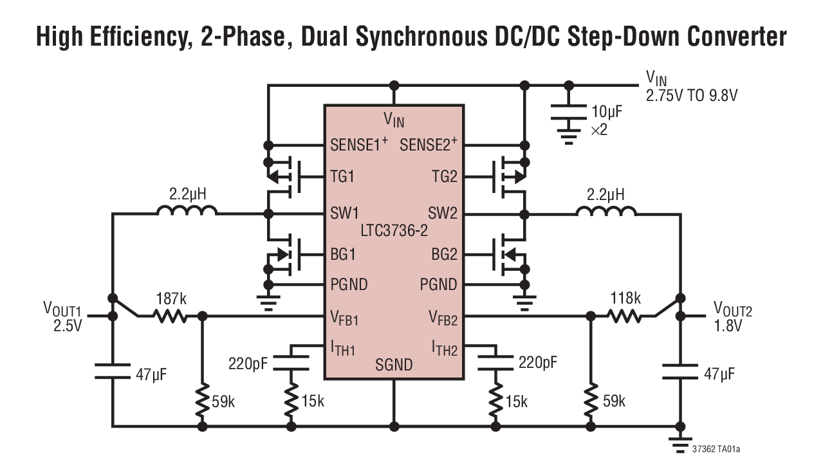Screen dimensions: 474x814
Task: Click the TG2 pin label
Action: pos(444,177)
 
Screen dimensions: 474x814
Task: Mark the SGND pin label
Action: pos(393,365)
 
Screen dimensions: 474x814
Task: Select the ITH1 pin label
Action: pos(342,349)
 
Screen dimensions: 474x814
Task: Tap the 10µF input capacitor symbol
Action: pos(568,113)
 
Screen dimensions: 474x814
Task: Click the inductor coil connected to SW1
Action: pos(186,212)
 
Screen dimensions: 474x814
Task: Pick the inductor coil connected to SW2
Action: pos(606,212)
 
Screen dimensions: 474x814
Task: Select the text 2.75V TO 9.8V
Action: pos(691,95)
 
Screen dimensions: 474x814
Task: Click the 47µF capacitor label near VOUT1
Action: pos(151,374)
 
